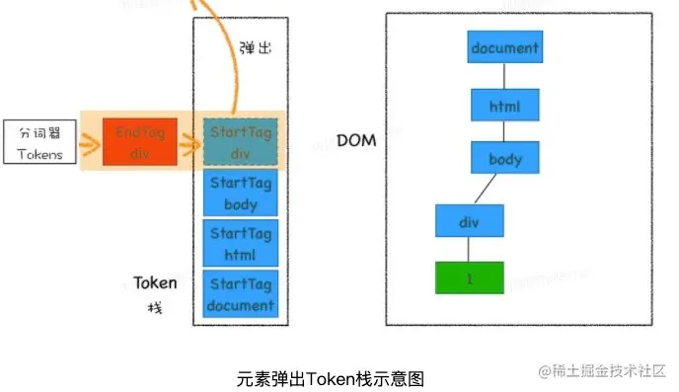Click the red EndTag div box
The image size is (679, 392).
point(140,141)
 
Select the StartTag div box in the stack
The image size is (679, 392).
point(241,141)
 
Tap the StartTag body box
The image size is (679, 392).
point(241,194)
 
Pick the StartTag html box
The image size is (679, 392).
point(241,244)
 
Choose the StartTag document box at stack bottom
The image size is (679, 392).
point(241,294)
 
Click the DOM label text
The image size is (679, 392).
point(356,141)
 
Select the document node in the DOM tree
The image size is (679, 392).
point(504,47)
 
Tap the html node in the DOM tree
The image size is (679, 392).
point(504,105)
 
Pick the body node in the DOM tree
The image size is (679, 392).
point(504,158)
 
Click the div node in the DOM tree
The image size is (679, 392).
point(470,220)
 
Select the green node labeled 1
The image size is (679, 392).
point(470,277)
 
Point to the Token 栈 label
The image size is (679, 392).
point(155,293)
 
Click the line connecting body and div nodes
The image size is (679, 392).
point(488,190)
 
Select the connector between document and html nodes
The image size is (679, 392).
point(504,76)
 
